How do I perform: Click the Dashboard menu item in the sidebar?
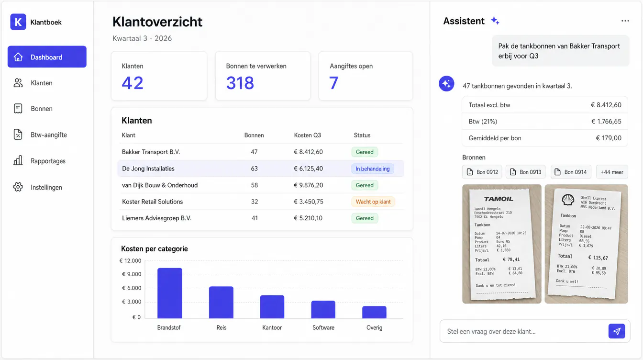click(x=47, y=57)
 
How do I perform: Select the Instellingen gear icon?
click(x=18, y=187)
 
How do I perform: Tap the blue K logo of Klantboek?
click(x=18, y=22)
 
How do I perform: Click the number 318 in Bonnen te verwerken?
click(x=240, y=83)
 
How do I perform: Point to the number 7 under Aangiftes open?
click(x=333, y=83)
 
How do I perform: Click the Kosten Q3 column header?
click(x=308, y=135)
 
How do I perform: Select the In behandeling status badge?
click(x=373, y=169)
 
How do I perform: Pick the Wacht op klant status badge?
click(x=373, y=202)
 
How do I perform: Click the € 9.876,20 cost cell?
click(x=308, y=185)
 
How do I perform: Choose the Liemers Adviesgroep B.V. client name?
click(x=157, y=218)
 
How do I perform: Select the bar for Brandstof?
click(x=170, y=293)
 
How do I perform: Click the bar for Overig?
click(x=374, y=312)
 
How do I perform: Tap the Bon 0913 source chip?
click(x=526, y=172)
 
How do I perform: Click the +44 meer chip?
click(x=612, y=172)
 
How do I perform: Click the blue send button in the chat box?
click(x=617, y=331)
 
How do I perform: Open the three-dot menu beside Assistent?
click(x=625, y=21)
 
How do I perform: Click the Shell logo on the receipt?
click(x=568, y=200)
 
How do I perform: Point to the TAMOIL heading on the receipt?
click(x=499, y=199)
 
